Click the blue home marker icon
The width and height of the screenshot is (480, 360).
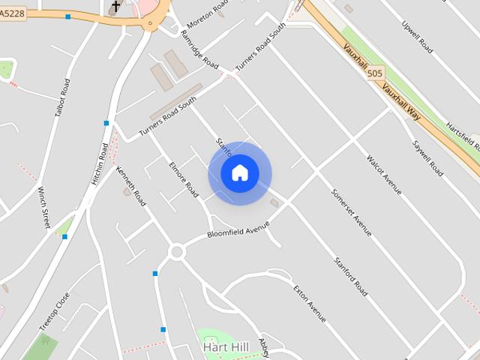coord(239,173)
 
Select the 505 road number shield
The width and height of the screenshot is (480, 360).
coord(376,73)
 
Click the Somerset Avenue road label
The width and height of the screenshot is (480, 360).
coord(352,211)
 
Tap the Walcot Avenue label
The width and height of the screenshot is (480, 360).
coord(384,175)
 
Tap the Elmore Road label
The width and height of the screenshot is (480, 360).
coord(184,179)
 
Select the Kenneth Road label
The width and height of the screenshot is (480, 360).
coord(130,187)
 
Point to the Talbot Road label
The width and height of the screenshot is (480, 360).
coord(62,98)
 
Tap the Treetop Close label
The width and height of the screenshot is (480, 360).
coord(55,311)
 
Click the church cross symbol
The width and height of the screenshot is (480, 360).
coord(115,7)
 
